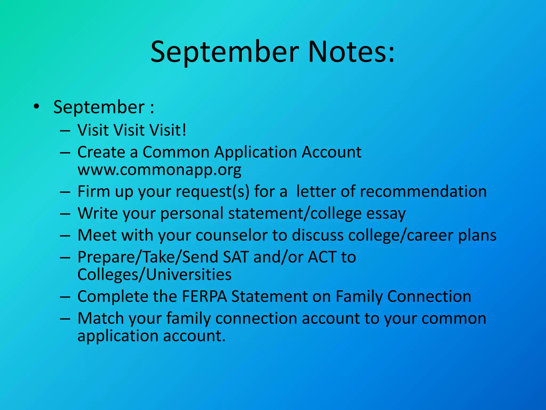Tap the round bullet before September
click(37, 107)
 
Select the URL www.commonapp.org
click(159, 170)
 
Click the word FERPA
click(204, 296)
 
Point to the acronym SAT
click(236, 257)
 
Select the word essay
click(386, 214)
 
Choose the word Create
click(101, 152)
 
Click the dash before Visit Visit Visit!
click(65, 131)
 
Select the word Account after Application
click(331, 152)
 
